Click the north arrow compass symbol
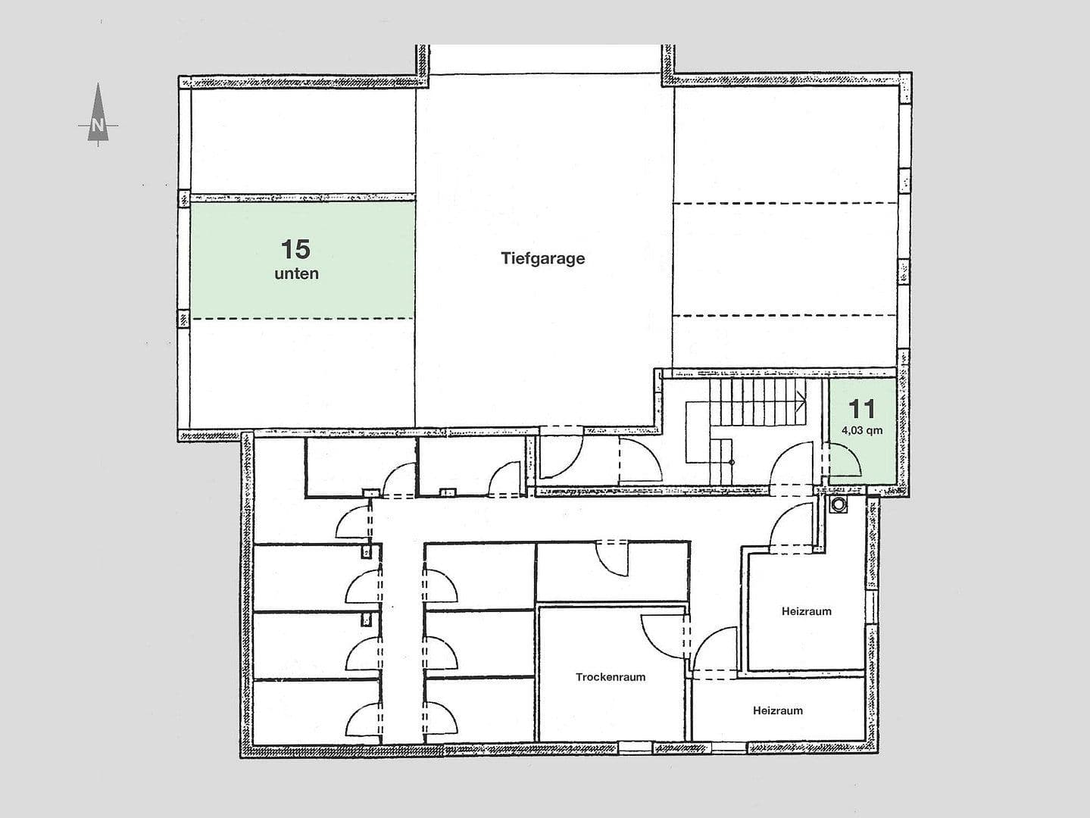coord(98,114)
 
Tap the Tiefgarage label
coord(542,258)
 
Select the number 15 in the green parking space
coord(295,248)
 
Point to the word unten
coord(296,274)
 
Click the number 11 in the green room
coord(861,409)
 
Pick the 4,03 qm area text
coord(861,431)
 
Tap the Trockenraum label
coord(610,677)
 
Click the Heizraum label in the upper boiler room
coord(806,611)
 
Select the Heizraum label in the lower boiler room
coord(777,710)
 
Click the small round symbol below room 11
coord(839,504)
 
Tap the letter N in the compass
coord(97,126)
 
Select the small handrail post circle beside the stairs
coord(731,461)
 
